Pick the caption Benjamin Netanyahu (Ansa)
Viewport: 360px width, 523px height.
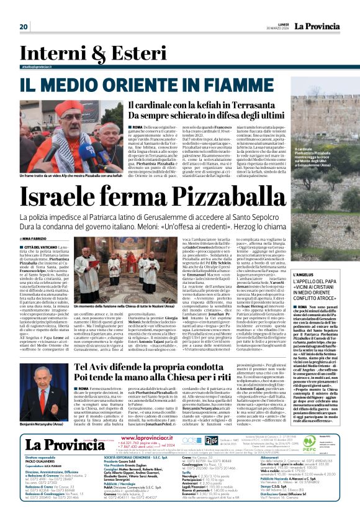[45, 406]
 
